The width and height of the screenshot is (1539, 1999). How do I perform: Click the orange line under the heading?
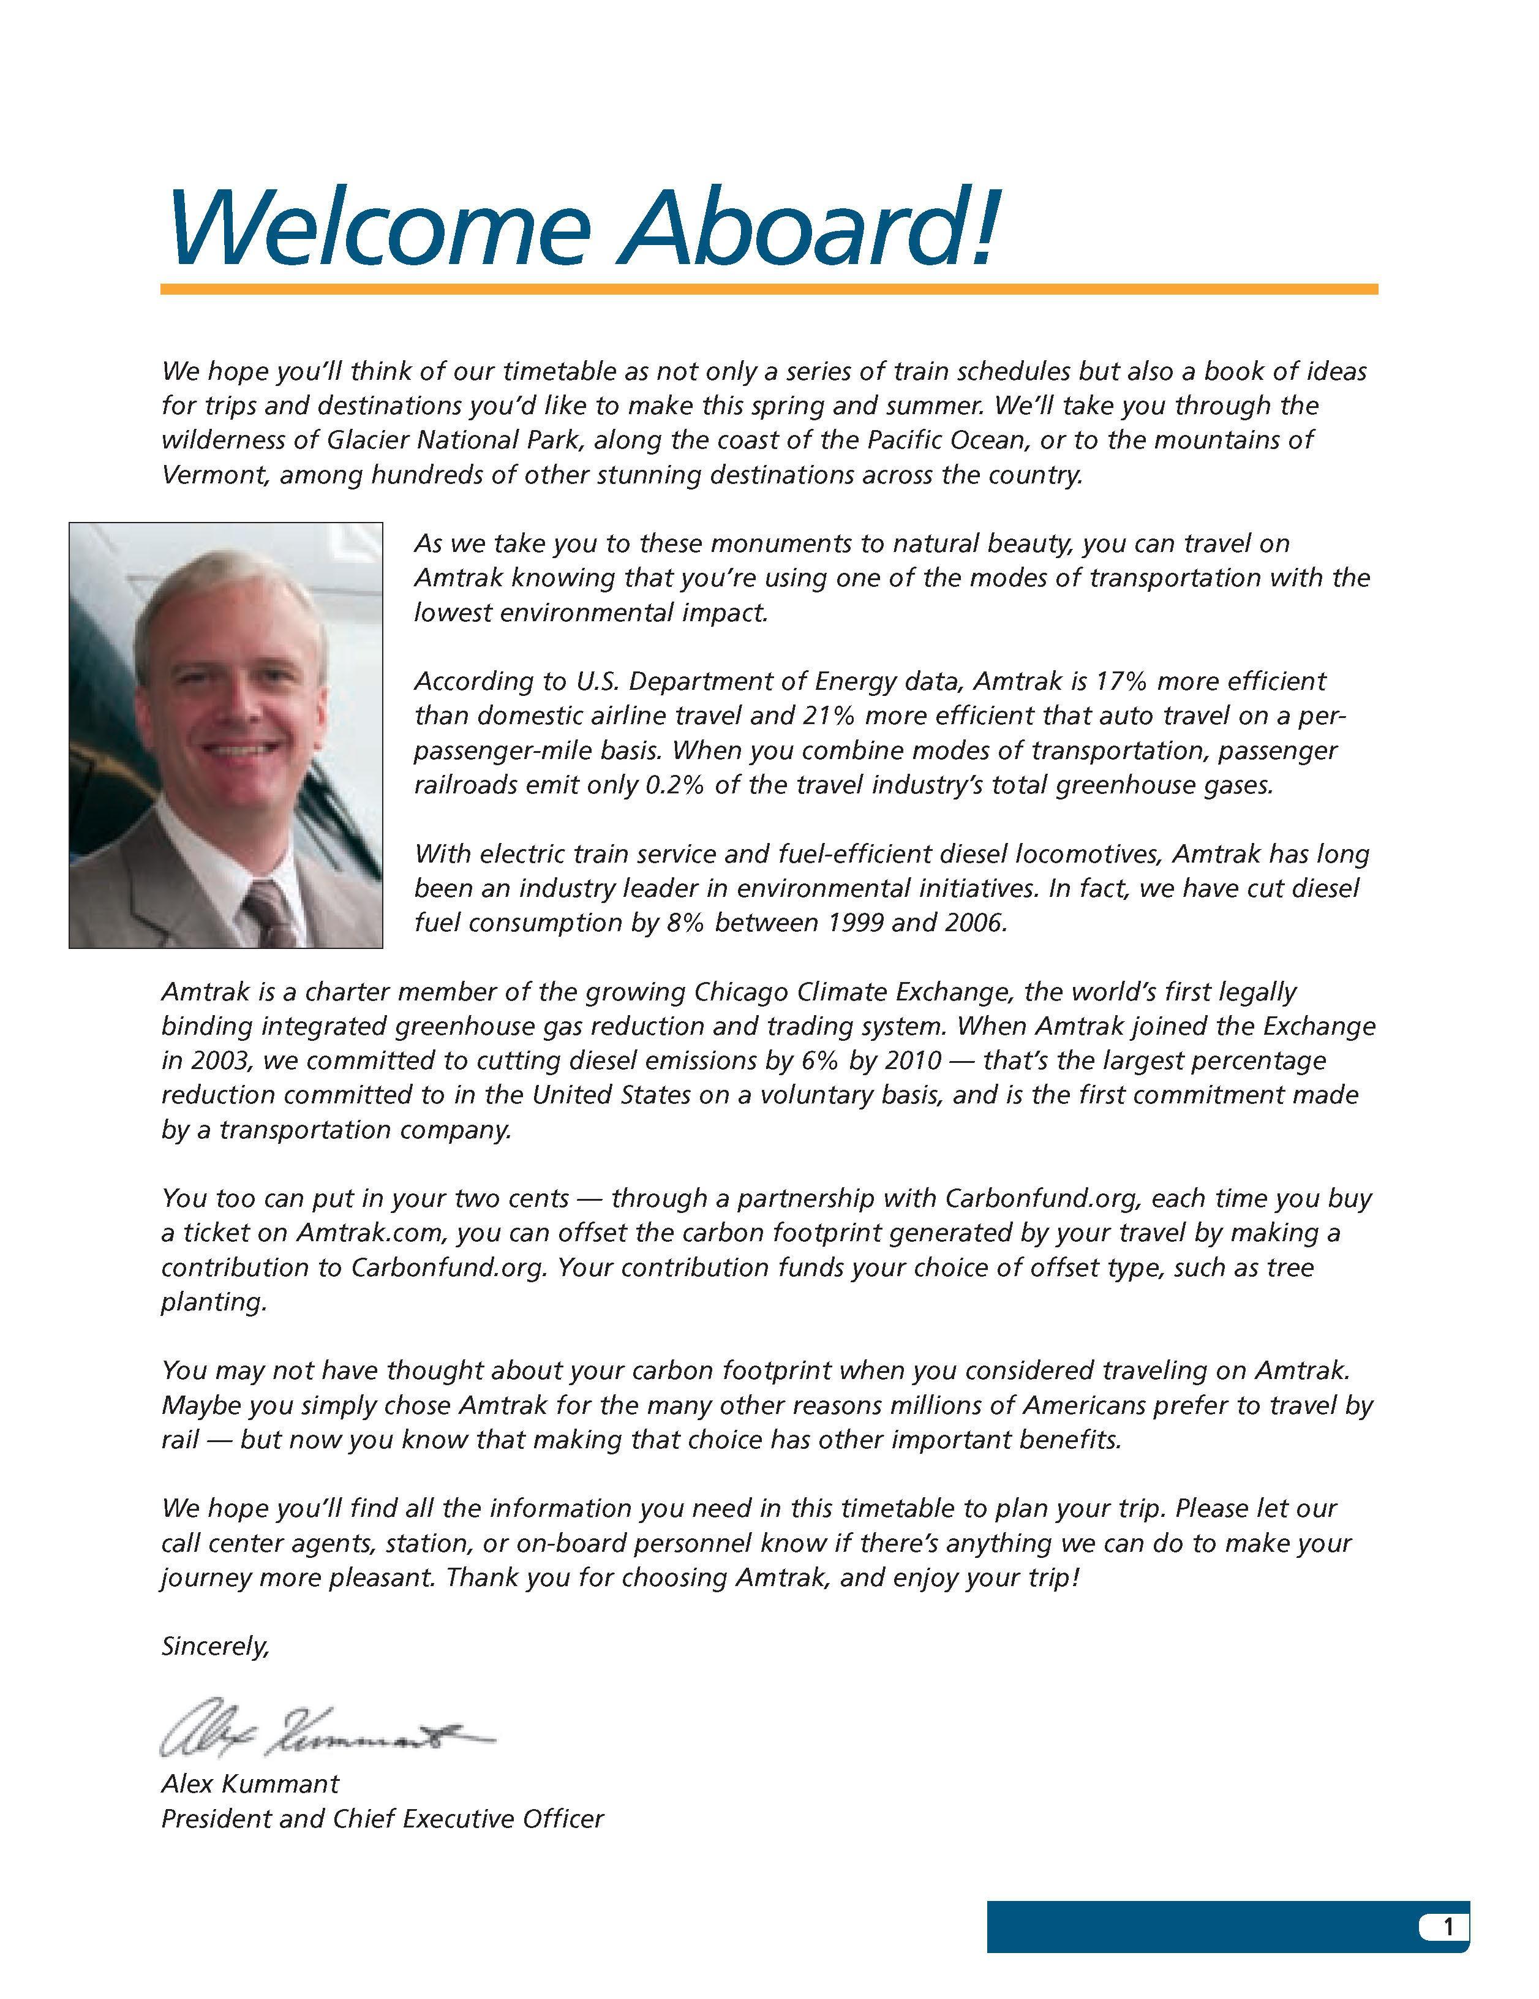[x=769, y=289]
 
